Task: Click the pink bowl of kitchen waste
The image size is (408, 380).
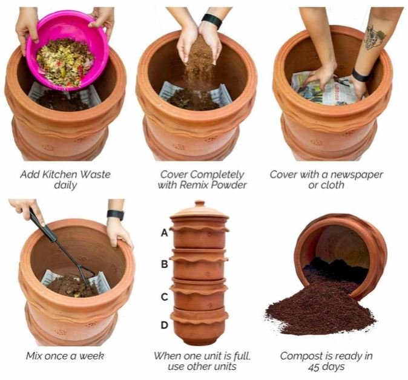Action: pyautogui.click(x=68, y=50)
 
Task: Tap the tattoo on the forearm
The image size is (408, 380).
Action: pyautogui.click(x=375, y=38)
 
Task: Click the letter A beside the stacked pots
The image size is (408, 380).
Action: pyautogui.click(x=165, y=233)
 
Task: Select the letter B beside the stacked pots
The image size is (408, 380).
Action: pyautogui.click(x=165, y=264)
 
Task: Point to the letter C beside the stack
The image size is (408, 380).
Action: pyautogui.click(x=165, y=296)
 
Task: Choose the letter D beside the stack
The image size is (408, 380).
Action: pyautogui.click(x=165, y=325)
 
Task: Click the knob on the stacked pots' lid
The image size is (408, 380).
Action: pyautogui.click(x=200, y=203)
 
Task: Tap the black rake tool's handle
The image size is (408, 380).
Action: pyautogui.click(x=43, y=225)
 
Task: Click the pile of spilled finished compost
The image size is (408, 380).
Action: pyautogui.click(x=320, y=310)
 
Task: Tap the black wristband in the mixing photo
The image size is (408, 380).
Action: pyautogui.click(x=115, y=215)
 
